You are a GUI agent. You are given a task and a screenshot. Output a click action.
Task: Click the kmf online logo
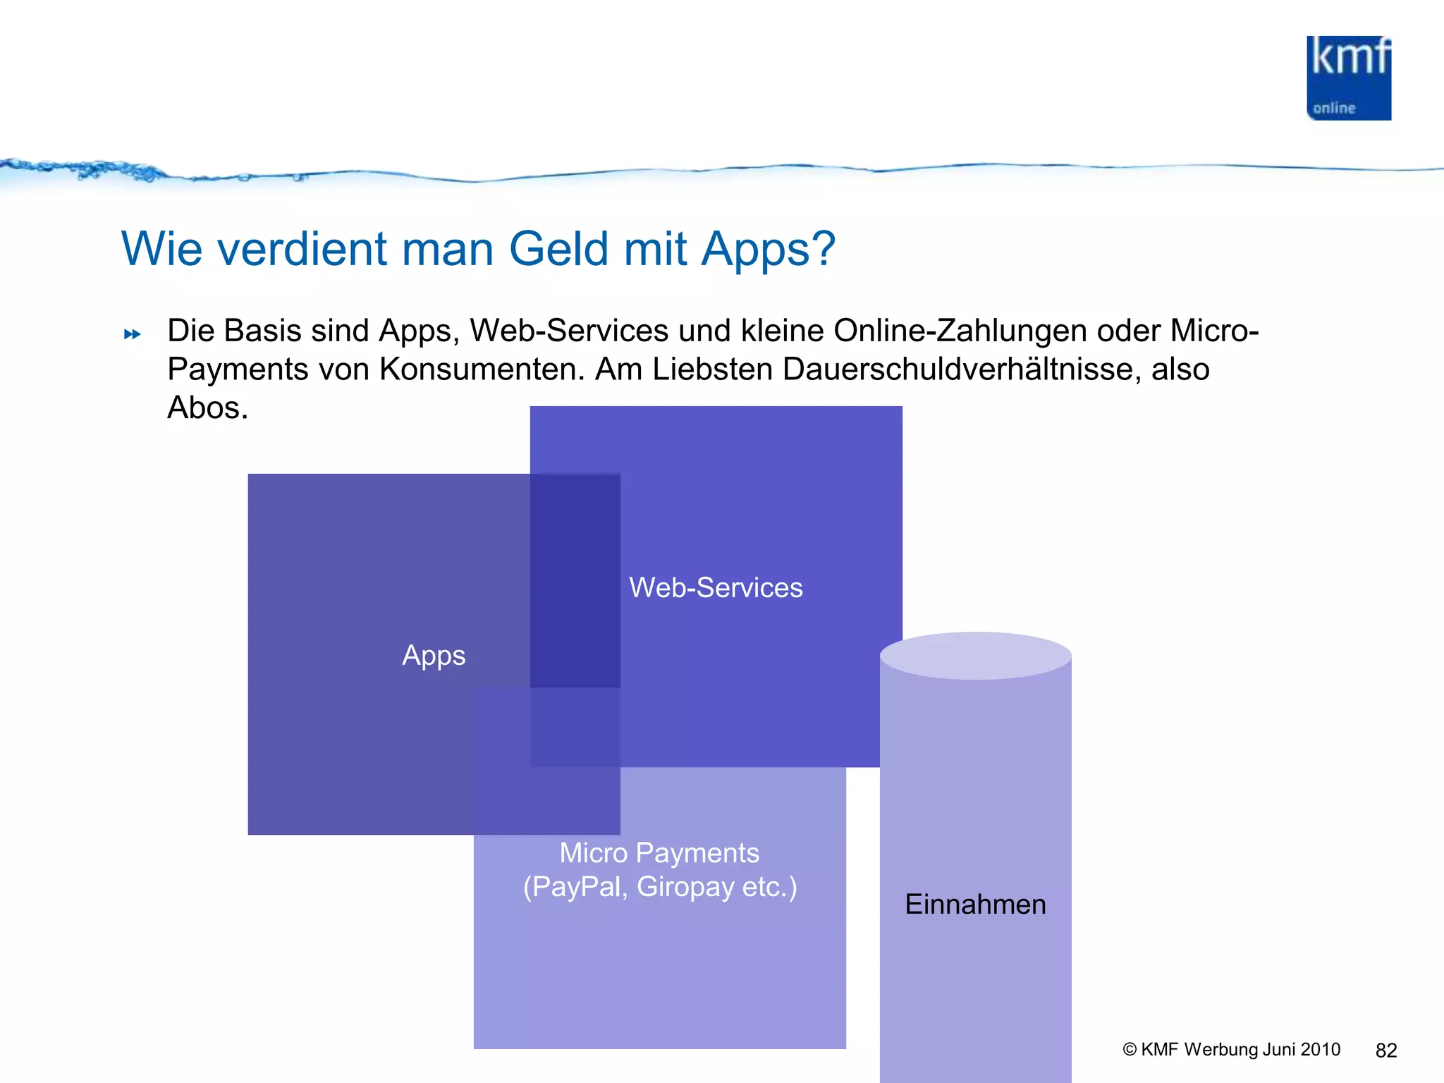tap(1348, 78)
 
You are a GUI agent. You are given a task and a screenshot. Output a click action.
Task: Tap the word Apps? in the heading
tap(768, 250)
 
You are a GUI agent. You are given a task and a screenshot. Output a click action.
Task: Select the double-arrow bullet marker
tap(132, 334)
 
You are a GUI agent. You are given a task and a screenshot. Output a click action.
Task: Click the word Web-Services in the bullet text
tap(569, 331)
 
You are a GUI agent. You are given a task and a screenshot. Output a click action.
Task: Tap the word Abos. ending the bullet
tap(207, 408)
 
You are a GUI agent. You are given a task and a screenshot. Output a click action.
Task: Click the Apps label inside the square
tap(434, 655)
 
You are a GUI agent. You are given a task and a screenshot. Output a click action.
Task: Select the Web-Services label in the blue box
tap(716, 587)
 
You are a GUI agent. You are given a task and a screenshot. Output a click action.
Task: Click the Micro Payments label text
tap(659, 852)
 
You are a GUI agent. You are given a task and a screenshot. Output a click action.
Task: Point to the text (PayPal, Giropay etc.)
tap(659, 886)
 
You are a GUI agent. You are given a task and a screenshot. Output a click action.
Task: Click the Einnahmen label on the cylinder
tap(975, 904)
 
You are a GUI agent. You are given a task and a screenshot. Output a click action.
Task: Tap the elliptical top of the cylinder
tap(975, 655)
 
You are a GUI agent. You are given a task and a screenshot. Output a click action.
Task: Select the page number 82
tap(1385, 1051)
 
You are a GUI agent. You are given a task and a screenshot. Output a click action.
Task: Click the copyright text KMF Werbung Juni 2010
tap(1231, 1049)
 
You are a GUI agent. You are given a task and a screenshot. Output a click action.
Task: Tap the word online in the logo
tap(1333, 109)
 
